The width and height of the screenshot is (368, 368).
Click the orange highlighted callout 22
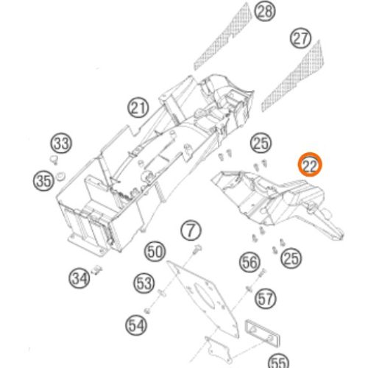[x=310, y=165]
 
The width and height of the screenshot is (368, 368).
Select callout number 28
[x=264, y=11]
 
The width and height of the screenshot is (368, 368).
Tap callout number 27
[x=300, y=38]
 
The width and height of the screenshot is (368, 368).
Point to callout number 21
[x=138, y=107]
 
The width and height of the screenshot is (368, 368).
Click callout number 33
[x=61, y=143]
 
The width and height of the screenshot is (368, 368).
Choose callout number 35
[x=44, y=181]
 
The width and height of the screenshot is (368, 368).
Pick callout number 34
[x=79, y=278]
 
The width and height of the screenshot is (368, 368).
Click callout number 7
[x=191, y=230]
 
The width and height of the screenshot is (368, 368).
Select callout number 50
[x=155, y=252]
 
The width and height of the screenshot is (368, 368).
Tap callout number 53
[x=144, y=283]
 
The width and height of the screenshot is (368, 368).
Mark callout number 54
[x=136, y=325]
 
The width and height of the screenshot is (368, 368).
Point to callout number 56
[x=250, y=262]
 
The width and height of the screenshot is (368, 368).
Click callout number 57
[x=266, y=299]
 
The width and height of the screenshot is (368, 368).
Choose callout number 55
[x=279, y=361]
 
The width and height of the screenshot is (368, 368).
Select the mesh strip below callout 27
[x=293, y=76]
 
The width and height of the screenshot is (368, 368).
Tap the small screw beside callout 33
[x=53, y=160]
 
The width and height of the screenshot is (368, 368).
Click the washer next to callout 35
[x=60, y=176]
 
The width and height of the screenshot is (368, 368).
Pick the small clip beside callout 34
[x=96, y=269]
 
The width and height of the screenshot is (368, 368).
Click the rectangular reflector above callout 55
[x=262, y=333]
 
